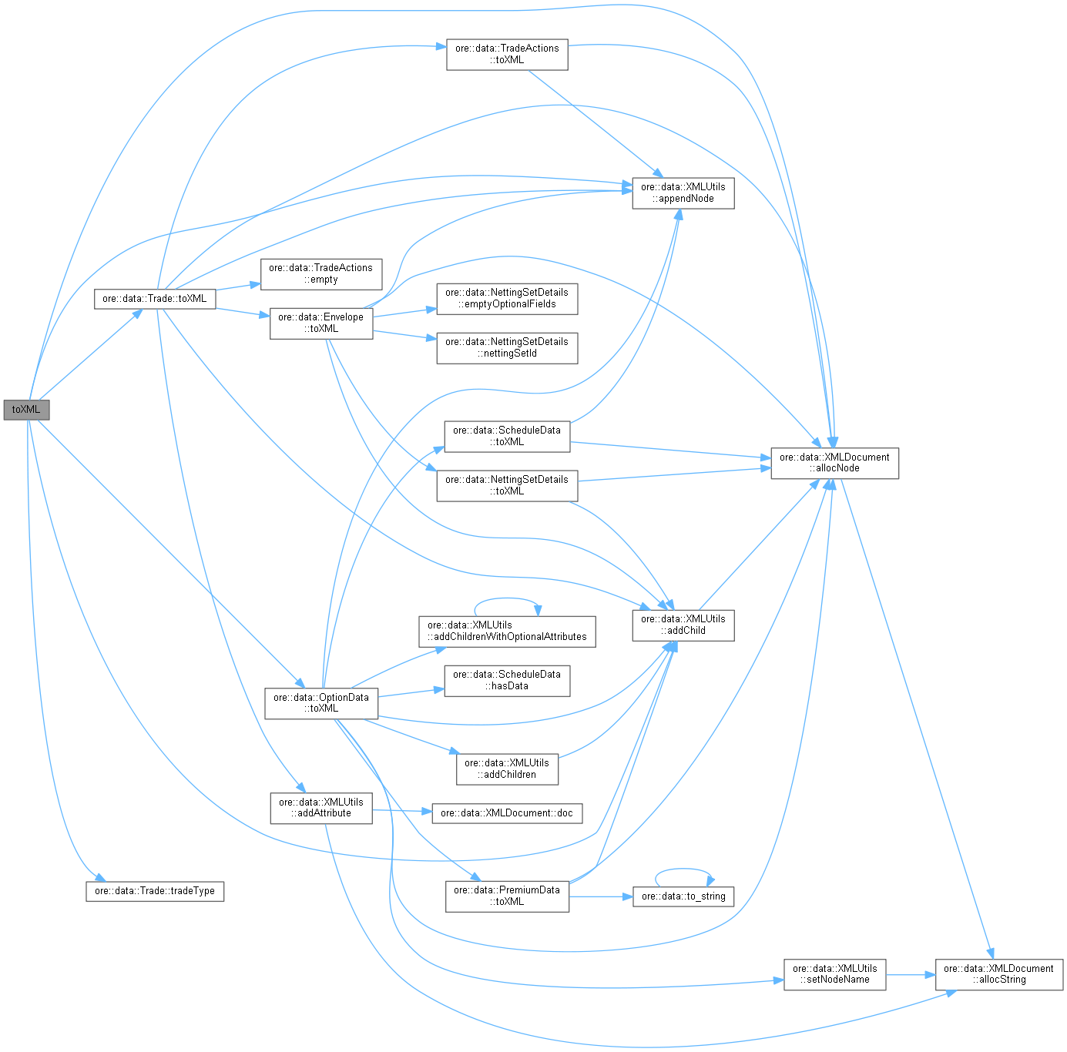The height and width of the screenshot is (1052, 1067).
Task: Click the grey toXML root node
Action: (26, 410)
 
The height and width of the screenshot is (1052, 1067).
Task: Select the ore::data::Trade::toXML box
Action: (154, 299)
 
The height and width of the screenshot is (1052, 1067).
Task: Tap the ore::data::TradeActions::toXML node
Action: (507, 54)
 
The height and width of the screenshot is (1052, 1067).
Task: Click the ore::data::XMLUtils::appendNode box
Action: (683, 193)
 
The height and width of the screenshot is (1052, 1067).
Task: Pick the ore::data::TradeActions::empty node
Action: (320, 273)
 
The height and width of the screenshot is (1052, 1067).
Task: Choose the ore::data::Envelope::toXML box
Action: (320, 323)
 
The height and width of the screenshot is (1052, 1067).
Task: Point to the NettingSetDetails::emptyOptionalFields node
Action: (506, 298)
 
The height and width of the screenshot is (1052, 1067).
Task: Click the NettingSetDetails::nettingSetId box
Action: (506, 347)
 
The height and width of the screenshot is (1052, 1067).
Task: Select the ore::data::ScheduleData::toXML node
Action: (506, 436)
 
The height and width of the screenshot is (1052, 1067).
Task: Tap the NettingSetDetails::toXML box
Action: (506, 485)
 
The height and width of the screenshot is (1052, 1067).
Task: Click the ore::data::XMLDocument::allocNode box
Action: (834, 462)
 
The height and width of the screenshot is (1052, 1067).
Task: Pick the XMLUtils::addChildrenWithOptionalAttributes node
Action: (506, 631)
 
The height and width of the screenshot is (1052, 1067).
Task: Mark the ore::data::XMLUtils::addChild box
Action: (683, 625)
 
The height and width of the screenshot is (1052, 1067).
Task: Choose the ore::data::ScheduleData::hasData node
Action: (506, 680)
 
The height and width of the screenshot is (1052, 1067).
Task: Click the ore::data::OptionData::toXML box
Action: (320, 702)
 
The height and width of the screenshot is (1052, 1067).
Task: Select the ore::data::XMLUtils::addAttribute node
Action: (320, 807)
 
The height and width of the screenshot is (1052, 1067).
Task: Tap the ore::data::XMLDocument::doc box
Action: (506, 813)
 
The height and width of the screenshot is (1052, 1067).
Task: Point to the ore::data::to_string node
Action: (683, 896)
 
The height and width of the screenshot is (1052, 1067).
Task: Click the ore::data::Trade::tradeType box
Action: (154, 891)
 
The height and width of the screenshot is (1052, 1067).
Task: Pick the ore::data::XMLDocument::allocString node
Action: (998, 974)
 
